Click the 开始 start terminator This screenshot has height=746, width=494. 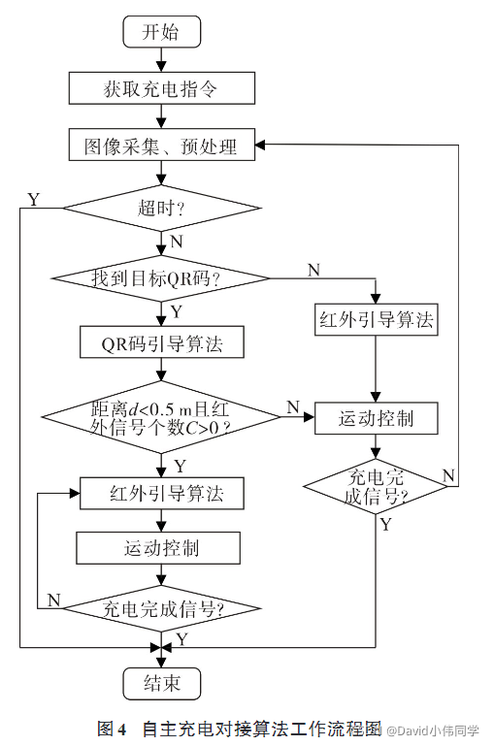coord(161,32)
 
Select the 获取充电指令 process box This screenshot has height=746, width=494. coord(161,89)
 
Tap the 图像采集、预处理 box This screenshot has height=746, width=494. coord(161,147)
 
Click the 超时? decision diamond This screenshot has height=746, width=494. coord(161,208)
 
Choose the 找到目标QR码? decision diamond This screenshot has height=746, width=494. coord(161,278)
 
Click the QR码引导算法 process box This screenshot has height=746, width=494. coord(161,342)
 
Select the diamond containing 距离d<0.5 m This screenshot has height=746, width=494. coord(161,417)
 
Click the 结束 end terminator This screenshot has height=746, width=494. coord(161,682)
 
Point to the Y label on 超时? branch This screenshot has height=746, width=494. coord(34,200)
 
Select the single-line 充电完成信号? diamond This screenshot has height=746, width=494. coord(161,610)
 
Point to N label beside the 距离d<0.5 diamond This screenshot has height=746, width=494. coord(291,407)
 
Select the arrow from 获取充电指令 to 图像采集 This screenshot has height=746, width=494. coord(161,117)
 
